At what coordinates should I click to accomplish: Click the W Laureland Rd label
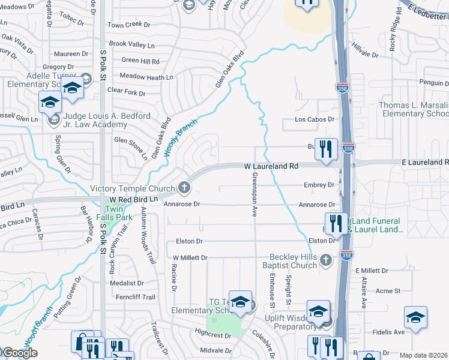coord(271,166)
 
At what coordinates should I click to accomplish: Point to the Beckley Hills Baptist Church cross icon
coord(325,260)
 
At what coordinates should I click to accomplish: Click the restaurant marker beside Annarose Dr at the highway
coord(336,223)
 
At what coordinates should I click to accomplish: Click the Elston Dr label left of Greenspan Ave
coord(189,241)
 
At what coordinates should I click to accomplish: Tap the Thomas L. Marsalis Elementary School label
coord(414,109)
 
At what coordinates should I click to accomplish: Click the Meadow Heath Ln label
coord(146,77)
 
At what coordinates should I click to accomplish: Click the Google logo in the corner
coord(19,353)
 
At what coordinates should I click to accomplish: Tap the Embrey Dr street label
coord(319,185)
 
